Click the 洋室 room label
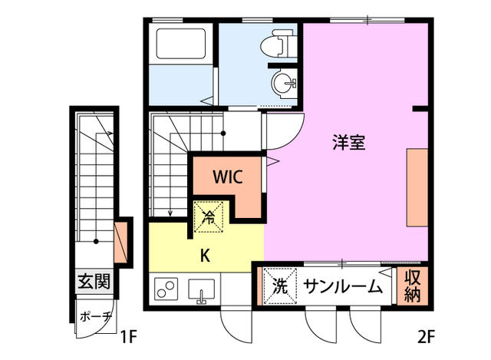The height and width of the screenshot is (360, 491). pos(348,142)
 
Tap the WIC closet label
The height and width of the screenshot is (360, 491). pos(228,177)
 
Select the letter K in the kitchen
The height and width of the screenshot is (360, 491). pos(206,254)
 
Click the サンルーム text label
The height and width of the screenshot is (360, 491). pos(342,287)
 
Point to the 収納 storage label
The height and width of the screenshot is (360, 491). pos(412,286)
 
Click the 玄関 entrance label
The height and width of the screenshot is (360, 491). pos(94,282)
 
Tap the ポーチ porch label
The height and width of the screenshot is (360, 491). pos(96,316)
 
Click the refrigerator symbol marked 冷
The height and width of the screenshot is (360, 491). pos(208,216)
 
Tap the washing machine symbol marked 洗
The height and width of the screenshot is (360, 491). pos(280,286)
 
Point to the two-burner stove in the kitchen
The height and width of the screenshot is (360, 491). pos(165,290)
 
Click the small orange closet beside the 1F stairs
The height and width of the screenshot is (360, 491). pos(120,242)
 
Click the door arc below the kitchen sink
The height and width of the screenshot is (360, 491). pos(233,326)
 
